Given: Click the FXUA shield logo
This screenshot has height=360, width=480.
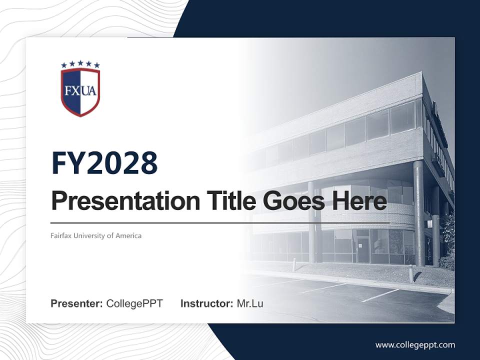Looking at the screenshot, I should click(x=80, y=91).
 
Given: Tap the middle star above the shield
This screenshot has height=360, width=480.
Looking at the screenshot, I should click(x=80, y=63).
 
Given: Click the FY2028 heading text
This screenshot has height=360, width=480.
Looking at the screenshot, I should click(x=104, y=163).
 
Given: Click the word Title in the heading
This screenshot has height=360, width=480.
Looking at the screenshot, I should click(x=224, y=201).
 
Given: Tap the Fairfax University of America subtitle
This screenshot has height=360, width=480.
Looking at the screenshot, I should click(x=96, y=235).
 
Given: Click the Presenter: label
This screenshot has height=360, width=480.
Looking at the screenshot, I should click(x=77, y=303).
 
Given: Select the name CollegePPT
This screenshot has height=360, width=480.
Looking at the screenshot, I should click(x=134, y=303).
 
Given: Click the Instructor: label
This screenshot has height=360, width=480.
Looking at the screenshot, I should click(x=206, y=303).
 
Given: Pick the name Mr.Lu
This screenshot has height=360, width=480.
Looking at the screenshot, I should click(x=250, y=303).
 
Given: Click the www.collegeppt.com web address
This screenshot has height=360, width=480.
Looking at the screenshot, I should click(x=415, y=345).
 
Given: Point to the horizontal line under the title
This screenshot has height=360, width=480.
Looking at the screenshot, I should click(x=220, y=223).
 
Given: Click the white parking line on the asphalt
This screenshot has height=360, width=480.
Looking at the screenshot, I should click(x=380, y=295).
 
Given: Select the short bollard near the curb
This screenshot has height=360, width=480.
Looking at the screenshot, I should click(x=411, y=273).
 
